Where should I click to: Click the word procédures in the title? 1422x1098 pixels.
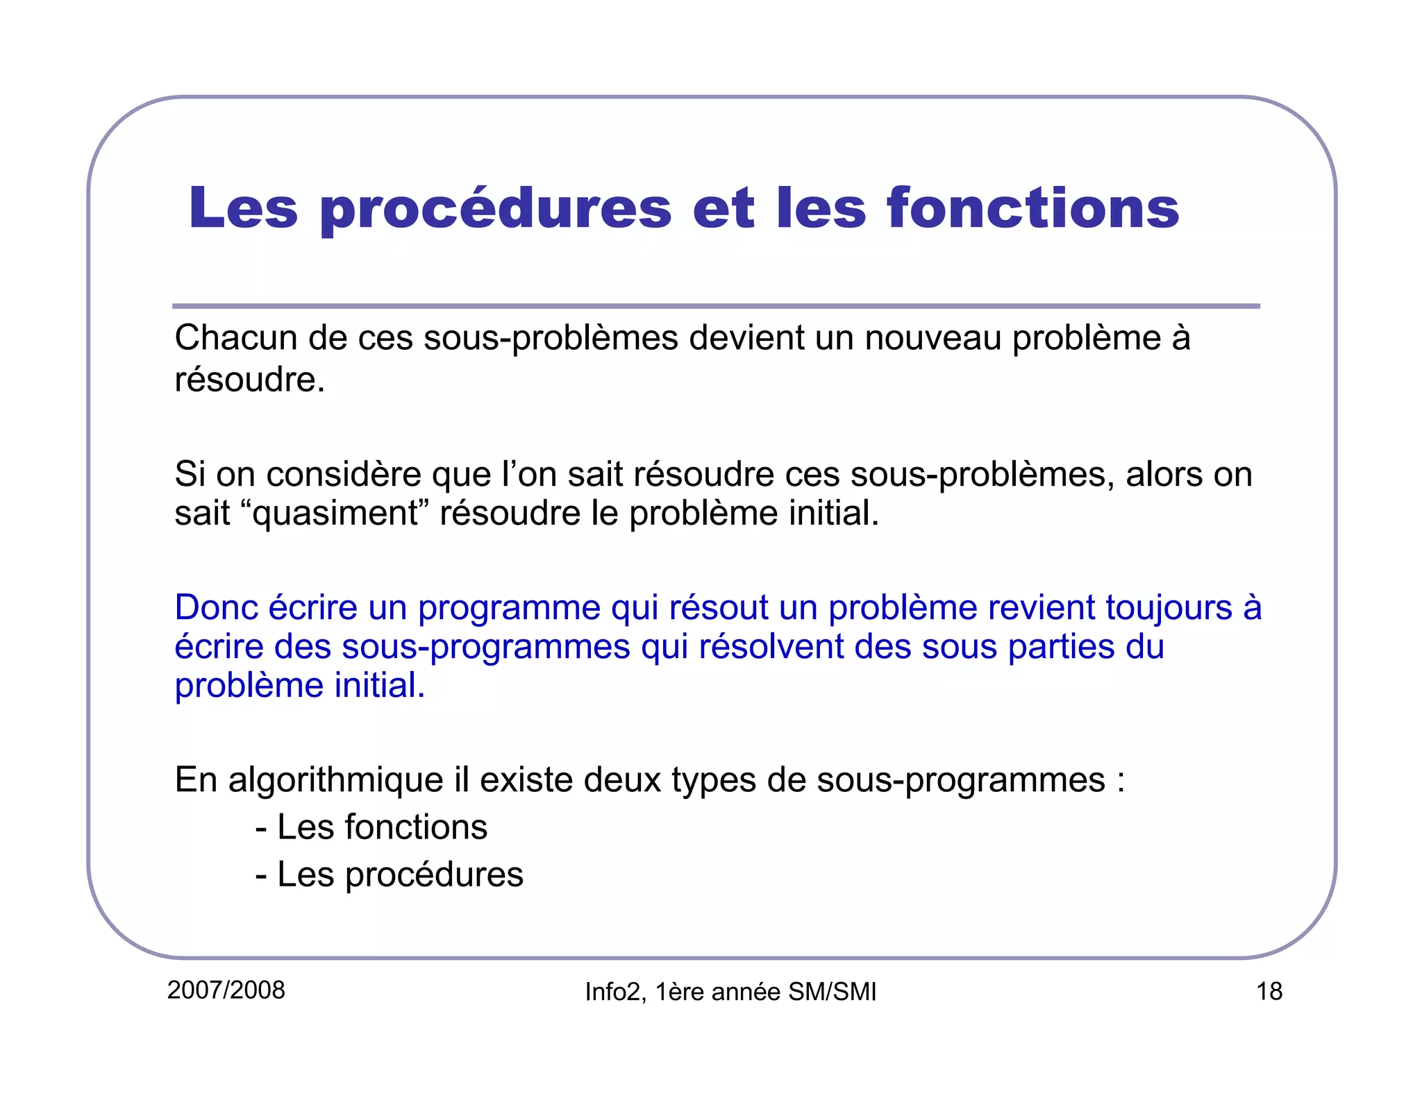[495, 210]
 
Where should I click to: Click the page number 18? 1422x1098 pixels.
[1269, 991]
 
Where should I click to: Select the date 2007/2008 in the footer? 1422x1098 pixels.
[226, 990]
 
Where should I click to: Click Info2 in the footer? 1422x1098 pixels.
[612, 992]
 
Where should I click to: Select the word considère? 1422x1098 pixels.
[344, 475]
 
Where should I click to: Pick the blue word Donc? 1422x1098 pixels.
[215, 607]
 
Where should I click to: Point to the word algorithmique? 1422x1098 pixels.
[335, 780]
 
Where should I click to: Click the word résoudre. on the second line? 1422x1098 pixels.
[250, 380]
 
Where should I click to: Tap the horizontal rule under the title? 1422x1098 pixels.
[715, 306]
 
